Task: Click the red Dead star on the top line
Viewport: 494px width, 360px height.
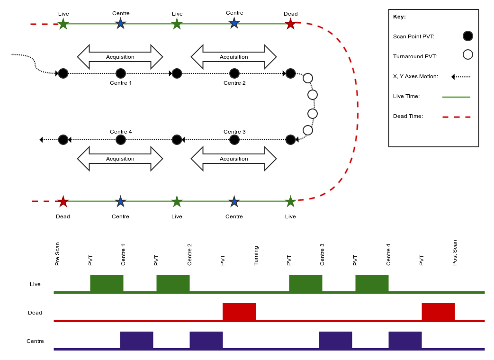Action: [290, 24]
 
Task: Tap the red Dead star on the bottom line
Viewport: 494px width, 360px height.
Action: [63, 202]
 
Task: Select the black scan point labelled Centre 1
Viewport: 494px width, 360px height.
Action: [121, 73]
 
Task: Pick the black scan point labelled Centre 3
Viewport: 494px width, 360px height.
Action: [234, 140]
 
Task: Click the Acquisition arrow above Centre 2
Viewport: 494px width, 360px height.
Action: [234, 57]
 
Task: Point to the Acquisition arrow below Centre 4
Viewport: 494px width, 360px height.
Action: [120, 159]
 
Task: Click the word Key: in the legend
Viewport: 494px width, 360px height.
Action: [399, 17]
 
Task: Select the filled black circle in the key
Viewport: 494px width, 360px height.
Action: [468, 36]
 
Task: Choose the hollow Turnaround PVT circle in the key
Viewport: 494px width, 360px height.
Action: [468, 54]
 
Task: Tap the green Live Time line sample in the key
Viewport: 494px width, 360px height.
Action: [456, 97]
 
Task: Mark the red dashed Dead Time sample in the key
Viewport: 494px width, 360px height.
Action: [456, 117]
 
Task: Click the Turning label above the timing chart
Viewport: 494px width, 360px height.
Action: [256, 256]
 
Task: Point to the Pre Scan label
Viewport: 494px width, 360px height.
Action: [57, 254]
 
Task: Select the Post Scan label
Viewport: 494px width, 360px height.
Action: [455, 253]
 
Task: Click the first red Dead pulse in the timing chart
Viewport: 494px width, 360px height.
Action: [239, 312]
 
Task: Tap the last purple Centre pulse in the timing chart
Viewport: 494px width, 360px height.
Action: [405, 340]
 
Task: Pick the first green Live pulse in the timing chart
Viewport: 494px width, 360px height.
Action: [107, 283]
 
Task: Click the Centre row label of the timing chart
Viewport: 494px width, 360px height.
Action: [35, 341]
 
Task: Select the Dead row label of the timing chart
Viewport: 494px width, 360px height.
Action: [35, 313]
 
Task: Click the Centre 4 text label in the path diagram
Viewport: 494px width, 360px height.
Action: [121, 132]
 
